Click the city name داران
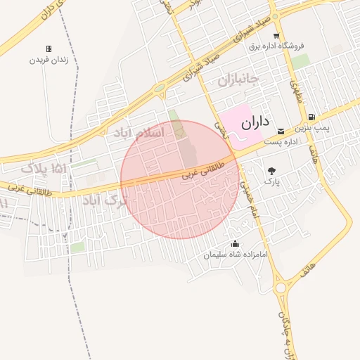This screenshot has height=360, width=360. click(255, 122)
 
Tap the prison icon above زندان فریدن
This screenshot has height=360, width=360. click(49, 49)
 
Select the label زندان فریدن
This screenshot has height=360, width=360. click(49, 60)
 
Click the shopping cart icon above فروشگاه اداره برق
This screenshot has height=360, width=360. click(276, 35)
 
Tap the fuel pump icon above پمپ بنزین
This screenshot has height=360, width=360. click(311, 117)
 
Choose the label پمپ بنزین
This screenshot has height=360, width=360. click(311, 129)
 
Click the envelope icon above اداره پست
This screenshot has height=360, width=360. click(281, 131)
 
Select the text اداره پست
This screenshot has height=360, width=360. click(281, 141)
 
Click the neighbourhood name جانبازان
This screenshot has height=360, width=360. click(238, 78)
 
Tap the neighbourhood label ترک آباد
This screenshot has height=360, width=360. click(106, 202)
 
